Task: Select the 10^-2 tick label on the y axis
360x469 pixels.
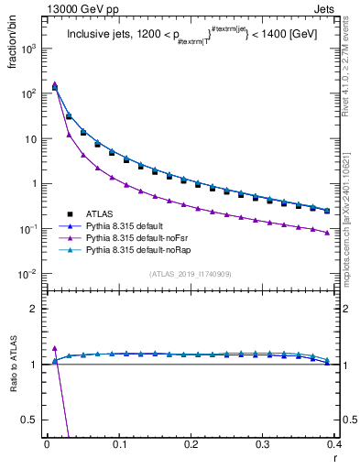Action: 29,274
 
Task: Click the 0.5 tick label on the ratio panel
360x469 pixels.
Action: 33,420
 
